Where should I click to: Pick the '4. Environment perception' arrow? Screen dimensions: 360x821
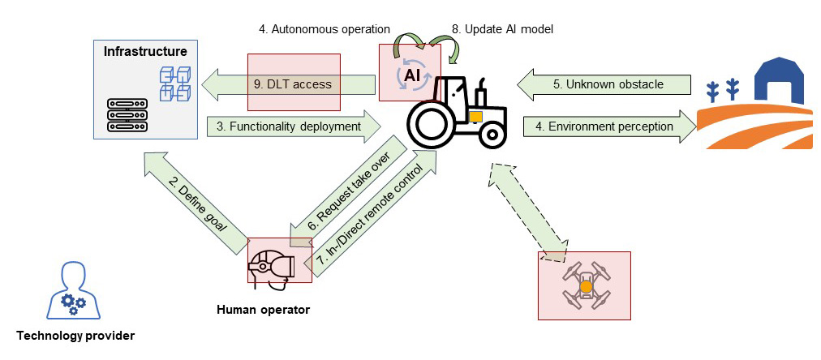click(x=604, y=126)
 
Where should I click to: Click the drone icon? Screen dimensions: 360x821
click(x=585, y=285)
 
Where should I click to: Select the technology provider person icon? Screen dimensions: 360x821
click(x=72, y=290)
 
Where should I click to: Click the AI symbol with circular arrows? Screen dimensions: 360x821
click(x=410, y=75)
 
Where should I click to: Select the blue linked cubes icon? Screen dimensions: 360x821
click(x=172, y=82)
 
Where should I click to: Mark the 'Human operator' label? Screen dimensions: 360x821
click(x=263, y=309)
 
